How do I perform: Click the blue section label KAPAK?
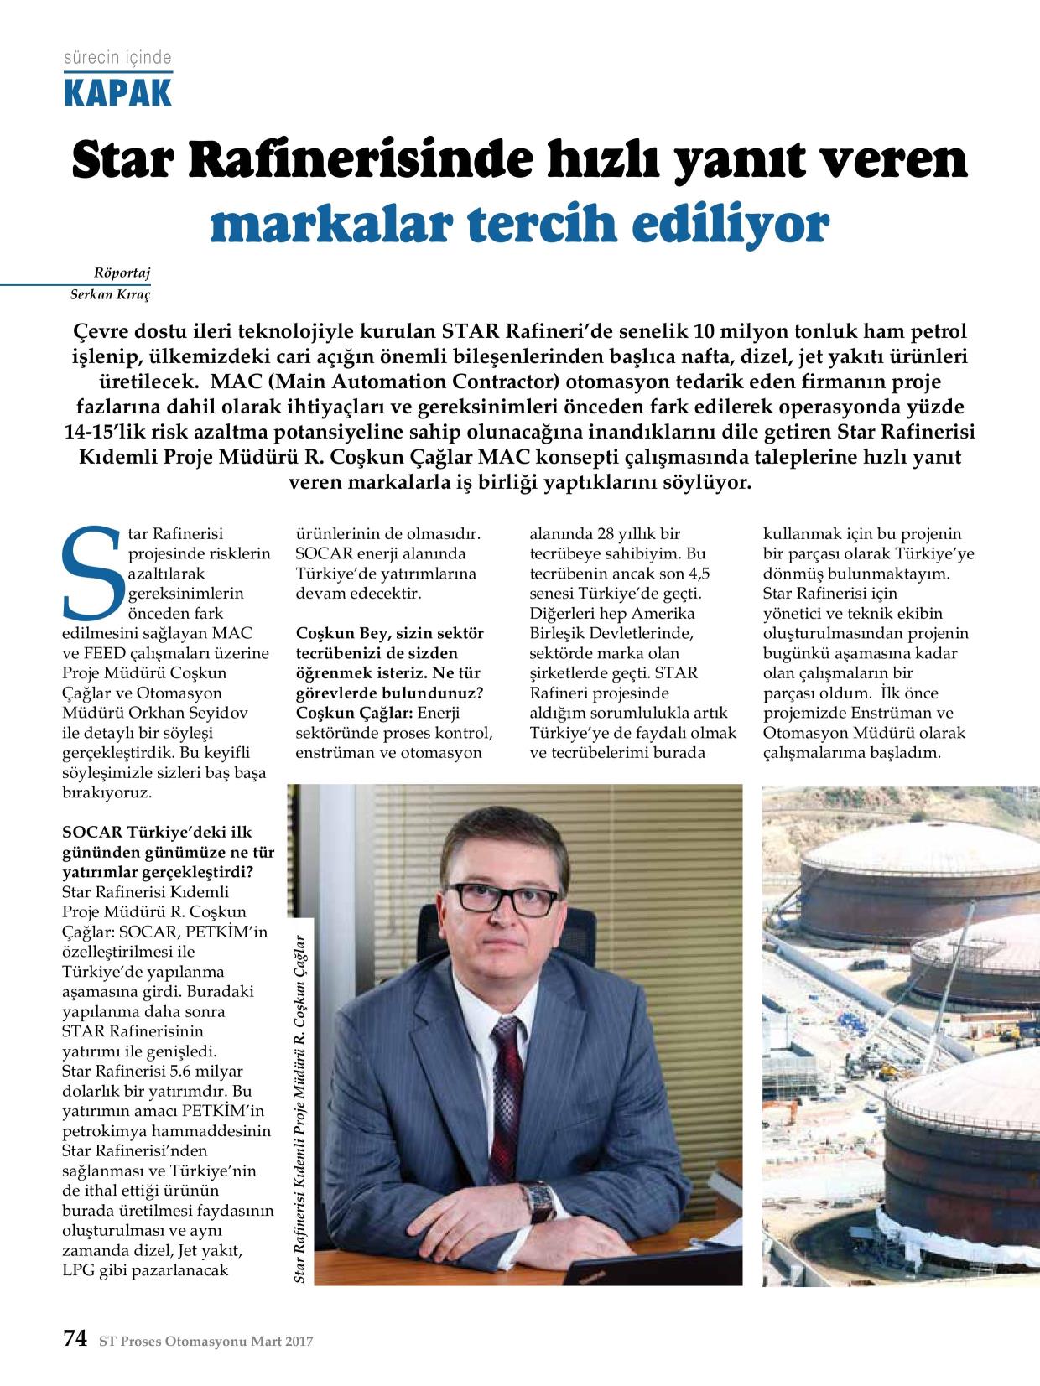(x=117, y=91)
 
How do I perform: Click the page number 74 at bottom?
(x=75, y=1339)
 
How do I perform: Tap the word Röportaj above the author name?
(x=124, y=273)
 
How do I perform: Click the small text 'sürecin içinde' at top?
(x=117, y=58)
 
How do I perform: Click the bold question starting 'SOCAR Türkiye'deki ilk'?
(x=168, y=853)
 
